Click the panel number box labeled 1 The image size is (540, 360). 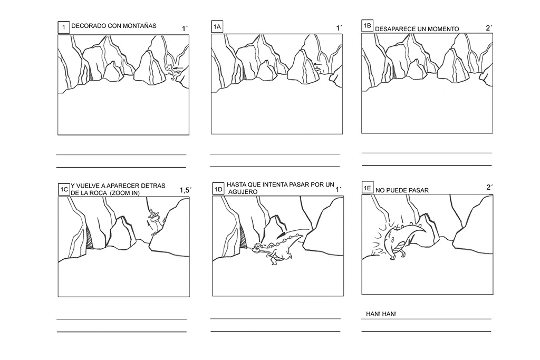point(64,27)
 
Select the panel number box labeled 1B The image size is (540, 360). point(368,26)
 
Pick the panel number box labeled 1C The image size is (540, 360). point(63,189)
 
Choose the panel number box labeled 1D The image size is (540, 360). point(218,189)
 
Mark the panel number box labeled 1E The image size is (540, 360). point(368,188)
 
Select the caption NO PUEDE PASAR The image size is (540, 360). point(402,190)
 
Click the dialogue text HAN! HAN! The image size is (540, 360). point(381,314)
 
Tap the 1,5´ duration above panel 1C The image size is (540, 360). point(185,190)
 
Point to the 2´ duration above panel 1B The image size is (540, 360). point(488,28)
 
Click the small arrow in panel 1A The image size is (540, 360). point(316,65)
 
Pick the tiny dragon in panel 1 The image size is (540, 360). point(171,70)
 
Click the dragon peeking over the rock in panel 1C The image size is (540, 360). point(153,220)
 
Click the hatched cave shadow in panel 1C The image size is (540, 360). point(90,238)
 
